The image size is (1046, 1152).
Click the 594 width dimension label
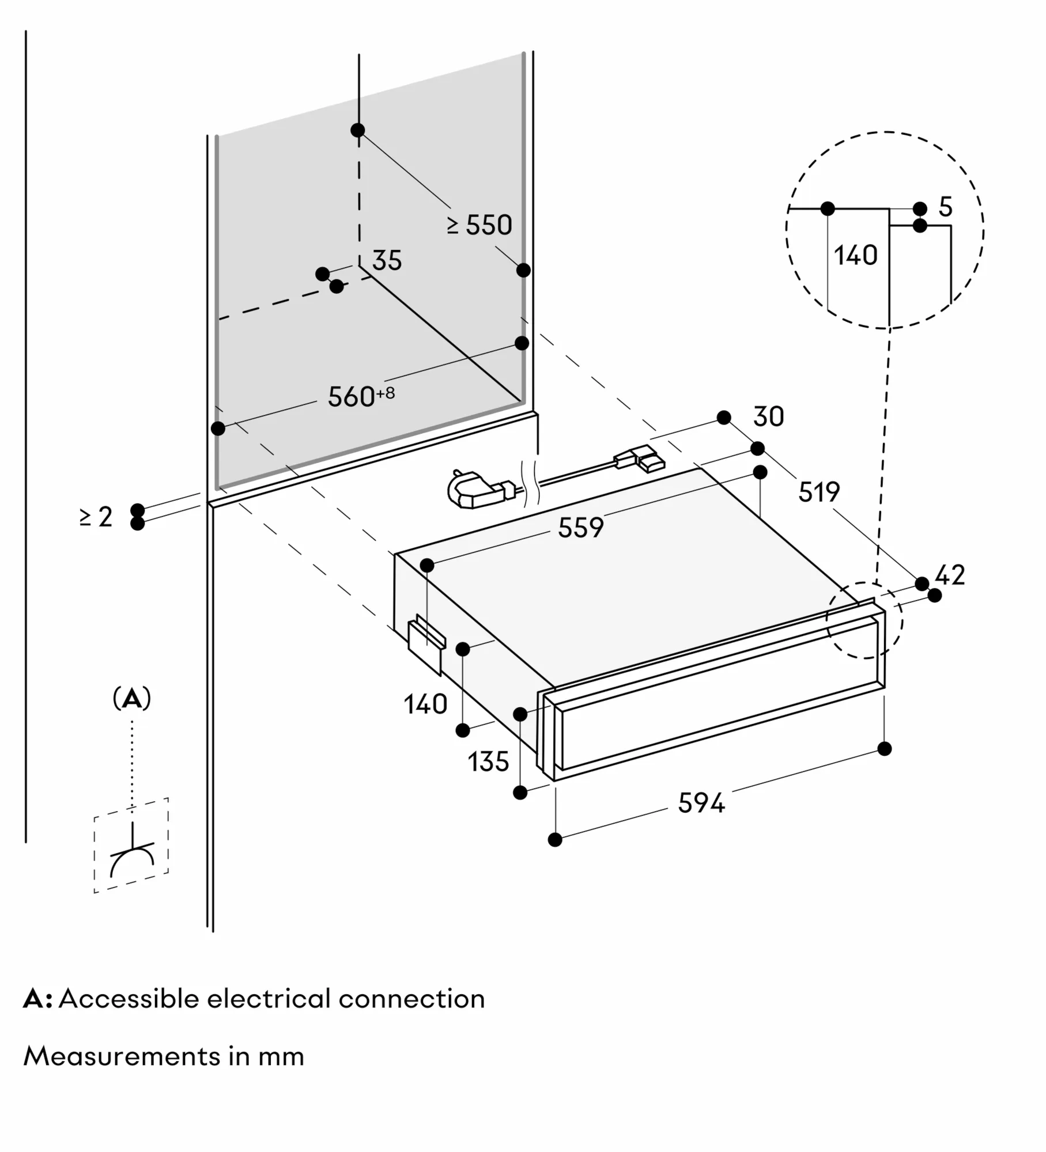click(x=701, y=803)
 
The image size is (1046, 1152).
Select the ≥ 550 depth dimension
click(x=479, y=225)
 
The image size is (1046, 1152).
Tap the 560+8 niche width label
click(x=360, y=396)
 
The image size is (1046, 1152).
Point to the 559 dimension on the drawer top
click(x=580, y=527)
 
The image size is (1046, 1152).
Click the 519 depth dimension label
click(x=818, y=491)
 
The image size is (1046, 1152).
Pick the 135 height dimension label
click(x=488, y=762)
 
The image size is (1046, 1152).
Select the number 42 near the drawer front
click(x=950, y=575)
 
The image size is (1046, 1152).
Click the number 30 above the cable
click(x=768, y=416)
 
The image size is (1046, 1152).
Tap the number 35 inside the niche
click(x=387, y=261)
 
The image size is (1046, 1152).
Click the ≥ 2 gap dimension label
click(x=96, y=517)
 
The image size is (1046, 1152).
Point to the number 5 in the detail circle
click(x=946, y=207)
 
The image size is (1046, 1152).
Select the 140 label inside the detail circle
click(x=855, y=255)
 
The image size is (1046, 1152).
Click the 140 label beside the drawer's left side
click(x=425, y=704)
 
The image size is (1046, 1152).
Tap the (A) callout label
click(x=132, y=699)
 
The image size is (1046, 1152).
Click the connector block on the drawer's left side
click(x=426, y=646)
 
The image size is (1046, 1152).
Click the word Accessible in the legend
click(x=129, y=999)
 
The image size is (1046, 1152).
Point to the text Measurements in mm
click(x=163, y=1056)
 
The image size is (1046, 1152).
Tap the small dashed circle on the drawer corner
click(x=864, y=619)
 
